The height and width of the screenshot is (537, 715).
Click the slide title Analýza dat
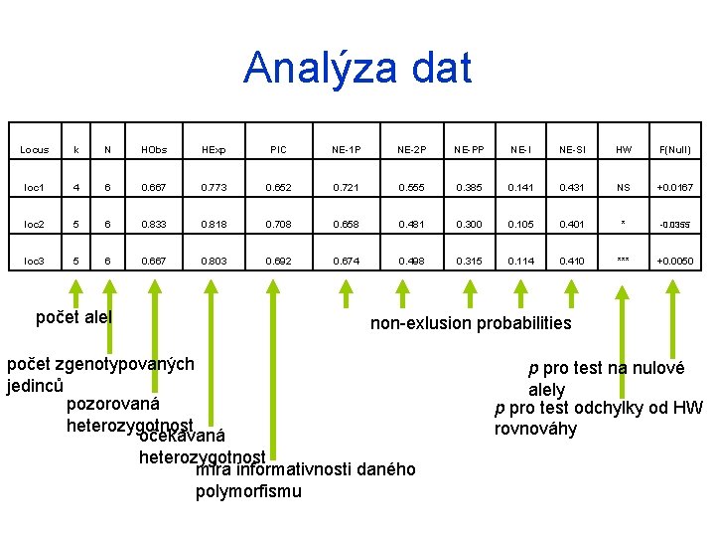pos(357,68)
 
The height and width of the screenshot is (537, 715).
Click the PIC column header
pos(278,150)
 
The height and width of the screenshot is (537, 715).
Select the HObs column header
pos(154,150)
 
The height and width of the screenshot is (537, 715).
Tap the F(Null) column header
pos(674,150)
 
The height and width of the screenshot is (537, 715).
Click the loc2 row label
pos(35,224)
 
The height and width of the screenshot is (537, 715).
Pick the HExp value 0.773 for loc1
pos(213,187)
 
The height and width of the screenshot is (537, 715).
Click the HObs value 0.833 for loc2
pos(154,224)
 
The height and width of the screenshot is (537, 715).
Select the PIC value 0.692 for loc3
pos(278,261)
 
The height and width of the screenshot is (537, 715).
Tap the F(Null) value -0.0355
pos(675,224)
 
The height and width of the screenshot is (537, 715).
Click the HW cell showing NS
pos(624,187)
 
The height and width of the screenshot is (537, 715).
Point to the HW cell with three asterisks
pos(624,261)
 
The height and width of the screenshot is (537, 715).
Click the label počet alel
pos(73,317)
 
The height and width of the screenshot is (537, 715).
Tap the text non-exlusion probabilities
pos(471,323)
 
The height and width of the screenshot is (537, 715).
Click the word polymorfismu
pos(248,491)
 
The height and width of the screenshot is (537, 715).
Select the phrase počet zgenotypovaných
pos(100,364)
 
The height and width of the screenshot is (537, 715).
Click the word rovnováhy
pos(535,430)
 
